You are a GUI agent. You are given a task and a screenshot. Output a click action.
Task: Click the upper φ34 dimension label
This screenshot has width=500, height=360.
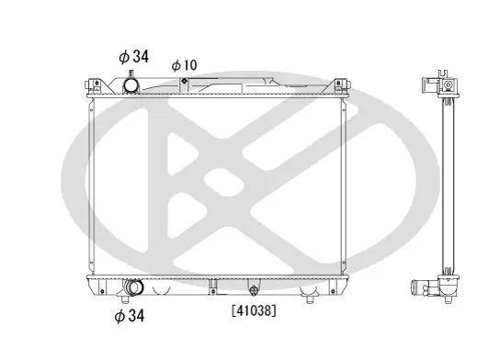pyautogui.click(x=132, y=55)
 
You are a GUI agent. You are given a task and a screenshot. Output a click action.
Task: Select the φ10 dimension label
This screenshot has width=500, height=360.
pyautogui.click(x=183, y=65)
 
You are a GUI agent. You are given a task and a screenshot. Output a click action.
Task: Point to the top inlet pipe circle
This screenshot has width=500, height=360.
pyautogui.click(x=132, y=85)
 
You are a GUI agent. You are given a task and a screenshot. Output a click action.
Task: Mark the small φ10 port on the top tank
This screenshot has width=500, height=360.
pyautogui.click(x=184, y=82)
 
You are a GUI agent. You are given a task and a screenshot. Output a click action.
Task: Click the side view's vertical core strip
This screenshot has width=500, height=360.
pyautogui.click(x=448, y=184)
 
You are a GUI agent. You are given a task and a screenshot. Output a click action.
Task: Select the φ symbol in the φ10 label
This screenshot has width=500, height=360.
pyautogui.click(x=176, y=65)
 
